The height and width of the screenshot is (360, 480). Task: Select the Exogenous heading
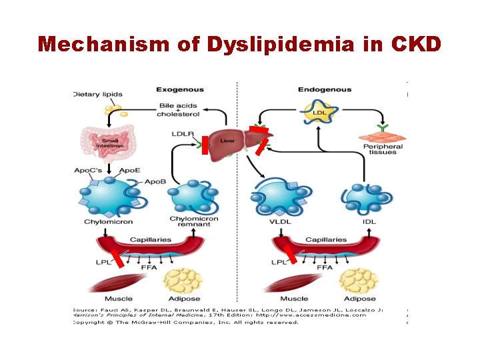tap(180, 89)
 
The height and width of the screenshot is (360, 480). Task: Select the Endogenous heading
tap(324, 89)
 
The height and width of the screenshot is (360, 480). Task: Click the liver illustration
tap(227, 141)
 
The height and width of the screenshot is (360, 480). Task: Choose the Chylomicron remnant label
tap(189, 222)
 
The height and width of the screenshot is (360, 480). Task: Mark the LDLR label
tap(182, 135)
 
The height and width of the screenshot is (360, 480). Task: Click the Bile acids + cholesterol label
tap(178, 110)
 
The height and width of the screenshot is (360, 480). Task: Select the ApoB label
tap(155, 181)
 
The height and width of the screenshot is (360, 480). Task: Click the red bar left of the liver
tap(205, 145)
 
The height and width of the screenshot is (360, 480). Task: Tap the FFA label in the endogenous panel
tap(324, 267)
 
